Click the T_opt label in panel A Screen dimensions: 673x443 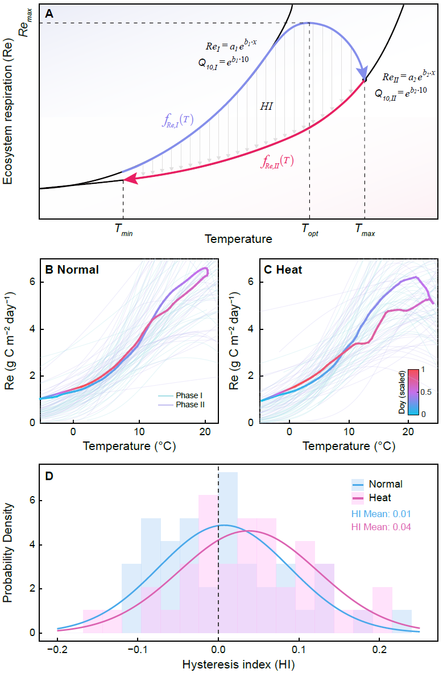310,230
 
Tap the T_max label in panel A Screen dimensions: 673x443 365,230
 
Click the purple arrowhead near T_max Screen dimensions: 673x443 362,74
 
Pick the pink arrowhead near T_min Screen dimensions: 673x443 130,179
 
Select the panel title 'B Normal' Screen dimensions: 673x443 71,270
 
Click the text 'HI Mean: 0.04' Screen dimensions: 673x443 380,527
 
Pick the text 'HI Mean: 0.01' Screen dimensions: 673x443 380,514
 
